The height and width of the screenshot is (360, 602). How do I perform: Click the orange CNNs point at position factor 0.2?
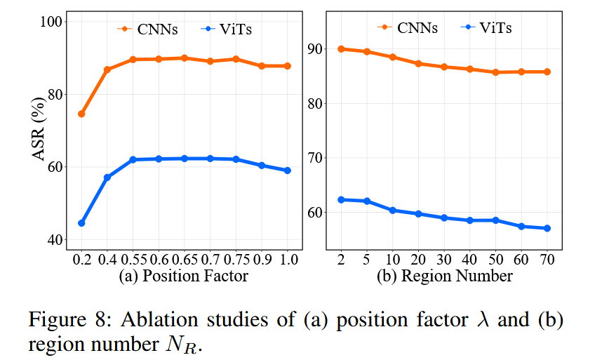tap(81, 114)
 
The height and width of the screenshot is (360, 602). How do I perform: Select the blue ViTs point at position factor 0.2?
tap(81, 223)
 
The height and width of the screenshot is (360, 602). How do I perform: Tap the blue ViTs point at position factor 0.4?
tap(107, 178)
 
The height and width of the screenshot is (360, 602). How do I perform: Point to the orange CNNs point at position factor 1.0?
tap(287, 66)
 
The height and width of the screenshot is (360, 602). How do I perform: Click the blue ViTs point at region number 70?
tap(547, 228)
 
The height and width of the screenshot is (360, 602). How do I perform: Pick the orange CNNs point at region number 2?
tap(342, 49)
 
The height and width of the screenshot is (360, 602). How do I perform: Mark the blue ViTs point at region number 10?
tap(393, 211)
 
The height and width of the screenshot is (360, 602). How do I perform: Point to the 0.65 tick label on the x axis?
tap(185, 260)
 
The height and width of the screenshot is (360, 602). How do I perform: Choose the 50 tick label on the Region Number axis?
tap(495, 260)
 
